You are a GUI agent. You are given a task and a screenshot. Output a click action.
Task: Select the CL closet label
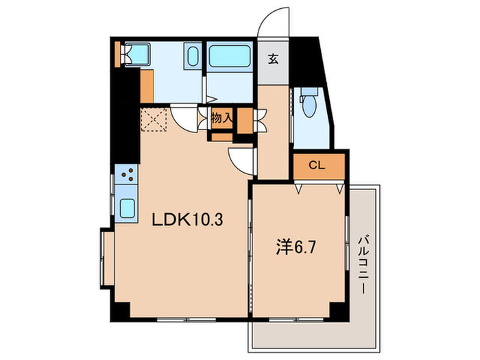[316, 165]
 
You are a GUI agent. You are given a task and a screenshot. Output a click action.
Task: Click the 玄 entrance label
[273, 58]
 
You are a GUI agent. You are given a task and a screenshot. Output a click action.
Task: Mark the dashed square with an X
[154, 120]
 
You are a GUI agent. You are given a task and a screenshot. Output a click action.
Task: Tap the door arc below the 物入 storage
[242, 161]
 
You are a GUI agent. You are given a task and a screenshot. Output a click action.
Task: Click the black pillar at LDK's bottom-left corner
[119, 309]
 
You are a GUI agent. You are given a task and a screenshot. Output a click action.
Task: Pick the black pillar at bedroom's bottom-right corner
[337, 309]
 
